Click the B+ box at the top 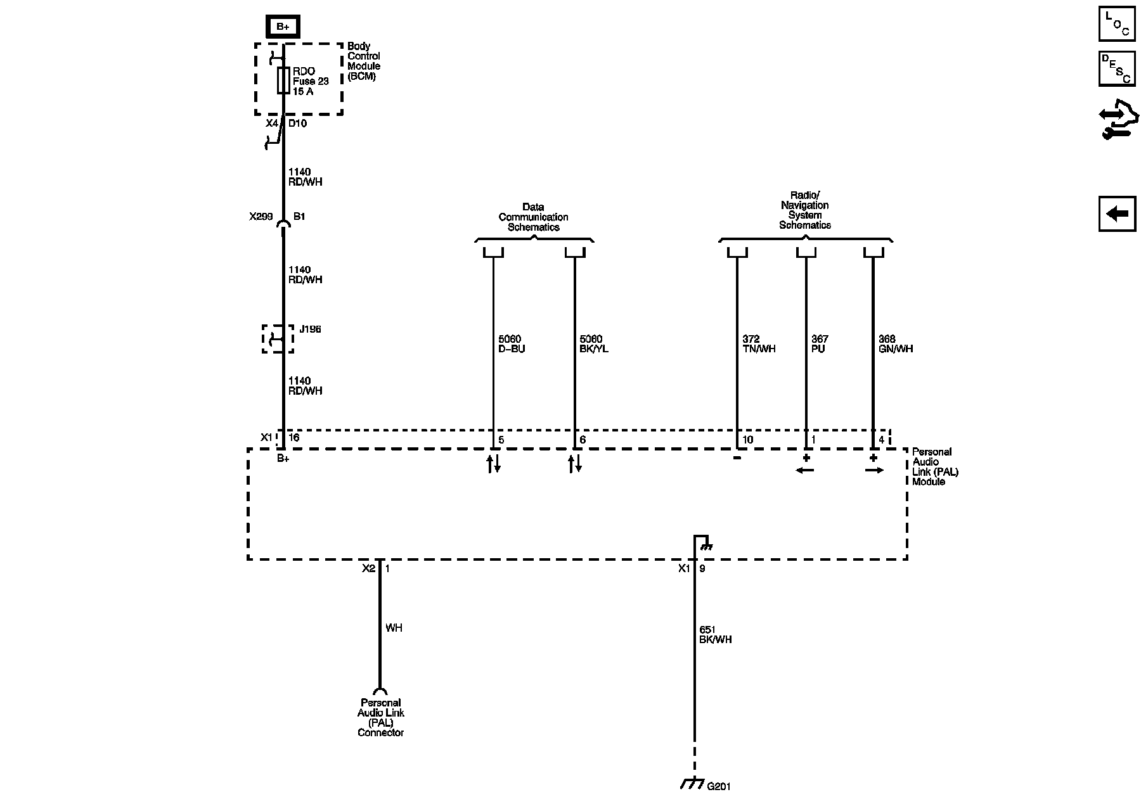pos(282,27)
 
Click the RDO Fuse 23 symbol pos(283,80)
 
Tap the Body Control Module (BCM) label pos(363,61)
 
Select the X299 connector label pos(261,217)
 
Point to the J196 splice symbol pos(278,339)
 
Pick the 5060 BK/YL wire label pos(594,344)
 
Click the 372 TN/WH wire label pos(759,344)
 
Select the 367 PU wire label pos(820,344)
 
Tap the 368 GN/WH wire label pos(896,344)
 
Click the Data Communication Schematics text pos(533,217)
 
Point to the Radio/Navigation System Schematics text pos(805,210)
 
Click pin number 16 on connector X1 pos(294,438)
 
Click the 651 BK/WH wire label pos(715,635)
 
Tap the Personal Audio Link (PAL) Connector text pos(380,717)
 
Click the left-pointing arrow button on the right pos(1117,214)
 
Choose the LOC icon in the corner pos(1117,24)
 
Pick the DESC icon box pos(1117,68)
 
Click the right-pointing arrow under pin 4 pos(874,470)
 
